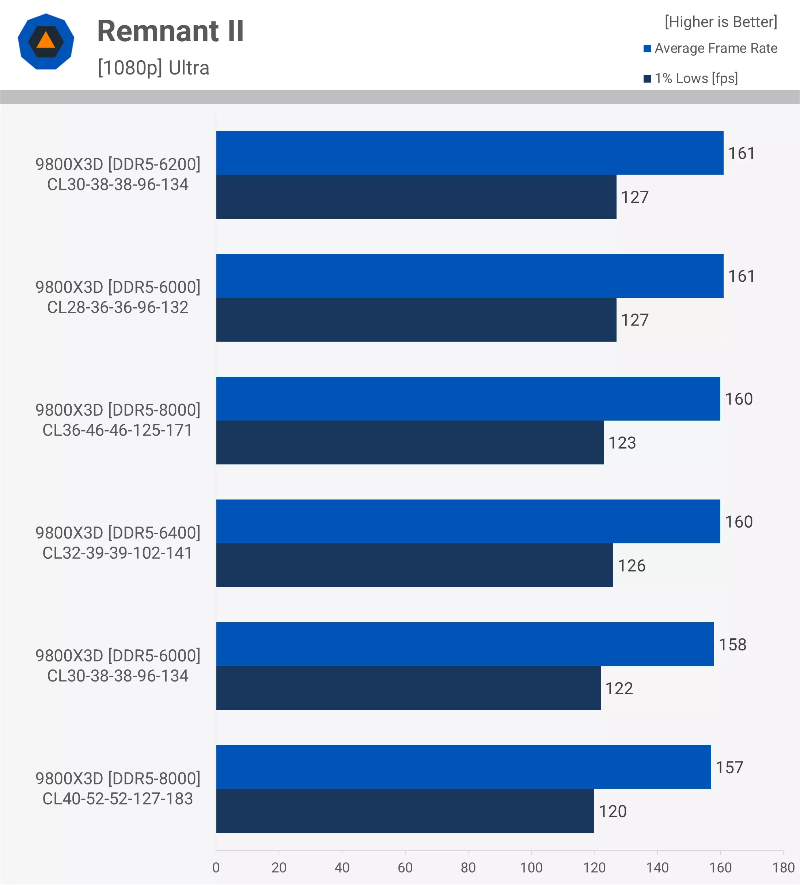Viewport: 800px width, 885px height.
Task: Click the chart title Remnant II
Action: (x=170, y=31)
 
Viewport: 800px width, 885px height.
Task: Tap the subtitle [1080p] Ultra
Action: (x=153, y=68)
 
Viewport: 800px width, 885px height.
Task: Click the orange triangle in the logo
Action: (x=46, y=41)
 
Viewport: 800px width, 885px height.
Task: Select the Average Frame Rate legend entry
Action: (x=710, y=48)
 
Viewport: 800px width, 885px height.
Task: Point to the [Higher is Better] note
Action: (x=721, y=22)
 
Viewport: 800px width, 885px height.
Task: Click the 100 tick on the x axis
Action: (x=531, y=867)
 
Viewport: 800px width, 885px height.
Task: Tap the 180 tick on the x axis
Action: (x=783, y=867)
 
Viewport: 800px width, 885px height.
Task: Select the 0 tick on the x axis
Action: (x=216, y=867)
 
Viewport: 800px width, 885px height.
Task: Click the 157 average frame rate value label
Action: (x=729, y=767)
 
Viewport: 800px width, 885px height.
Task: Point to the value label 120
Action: (x=613, y=811)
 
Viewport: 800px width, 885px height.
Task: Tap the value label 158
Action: (x=732, y=645)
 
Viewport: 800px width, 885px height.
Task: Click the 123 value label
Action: (x=622, y=442)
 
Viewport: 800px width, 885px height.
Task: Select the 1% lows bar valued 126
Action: (x=414, y=565)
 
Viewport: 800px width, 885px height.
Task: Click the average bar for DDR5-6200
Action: (x=469, y=153)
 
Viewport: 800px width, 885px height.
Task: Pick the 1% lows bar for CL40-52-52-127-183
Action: (x=405, y=811)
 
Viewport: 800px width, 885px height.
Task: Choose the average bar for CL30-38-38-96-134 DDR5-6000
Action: (x=465, y=645)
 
